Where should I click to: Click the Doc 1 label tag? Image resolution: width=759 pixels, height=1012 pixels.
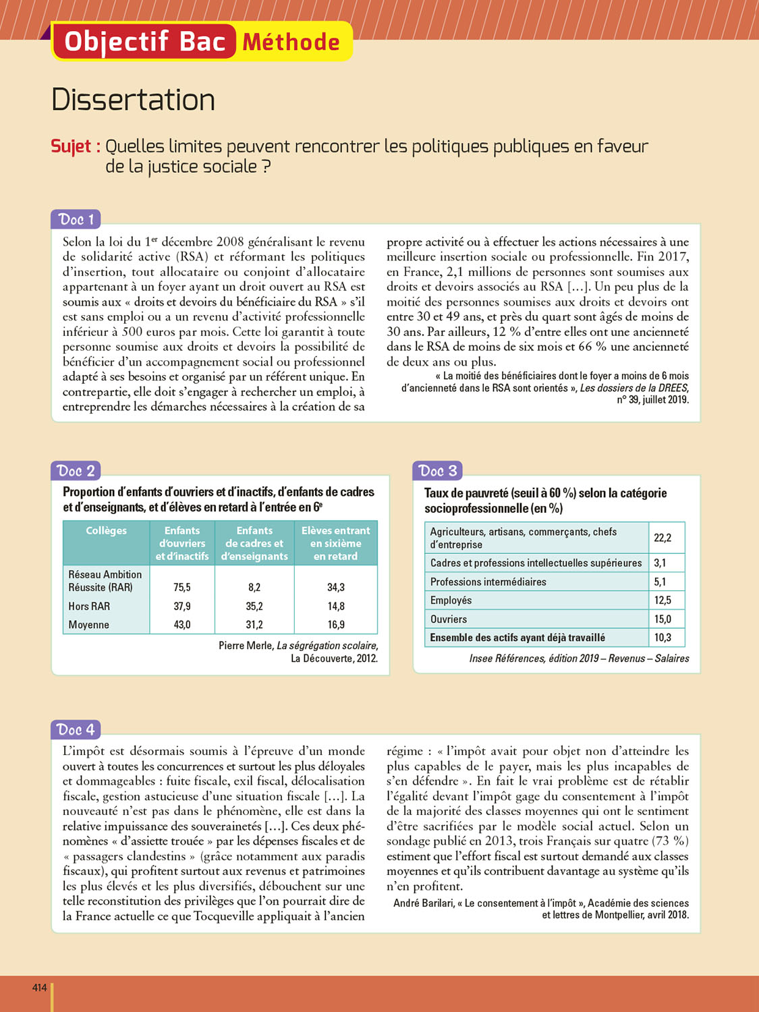coord(76,219)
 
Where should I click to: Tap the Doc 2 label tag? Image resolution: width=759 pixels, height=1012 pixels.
coord(76,471)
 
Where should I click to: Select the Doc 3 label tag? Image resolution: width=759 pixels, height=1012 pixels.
coord(437,471)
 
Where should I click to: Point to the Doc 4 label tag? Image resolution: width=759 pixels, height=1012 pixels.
coord(76,729)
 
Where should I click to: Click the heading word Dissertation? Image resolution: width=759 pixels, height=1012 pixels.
coord(133,100)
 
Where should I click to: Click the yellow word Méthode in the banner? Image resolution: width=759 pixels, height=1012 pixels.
coord(291,42)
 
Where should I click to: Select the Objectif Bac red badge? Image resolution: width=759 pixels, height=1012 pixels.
coord(144,42)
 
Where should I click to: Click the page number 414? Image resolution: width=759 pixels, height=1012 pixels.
coord(40,988)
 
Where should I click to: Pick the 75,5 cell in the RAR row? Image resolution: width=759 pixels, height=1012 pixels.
coord(182,588)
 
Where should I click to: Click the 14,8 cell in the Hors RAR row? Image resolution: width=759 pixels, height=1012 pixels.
coord(336,607)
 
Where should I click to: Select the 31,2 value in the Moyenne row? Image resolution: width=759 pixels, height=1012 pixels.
coord(254,625)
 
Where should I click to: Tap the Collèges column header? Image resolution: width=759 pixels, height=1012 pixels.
coord(106,531)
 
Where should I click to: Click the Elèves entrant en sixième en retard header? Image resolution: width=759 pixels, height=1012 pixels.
coord(336,543)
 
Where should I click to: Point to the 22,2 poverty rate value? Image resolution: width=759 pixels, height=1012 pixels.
coord(663,538)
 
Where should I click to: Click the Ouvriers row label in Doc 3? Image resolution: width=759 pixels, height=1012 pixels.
coord(449,619)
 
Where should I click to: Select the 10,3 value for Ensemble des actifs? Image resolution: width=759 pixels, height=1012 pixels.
coord(663,638)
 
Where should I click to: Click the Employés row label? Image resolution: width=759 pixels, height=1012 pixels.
coord(451,600)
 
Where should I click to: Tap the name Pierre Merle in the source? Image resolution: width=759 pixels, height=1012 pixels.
coord(246,646)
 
